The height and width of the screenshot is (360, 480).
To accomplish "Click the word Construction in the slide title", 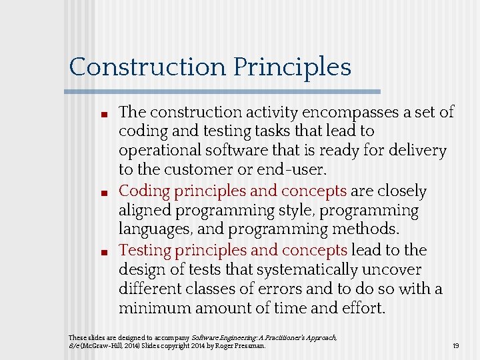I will (147, 67).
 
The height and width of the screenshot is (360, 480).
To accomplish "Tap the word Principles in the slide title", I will (292, 67).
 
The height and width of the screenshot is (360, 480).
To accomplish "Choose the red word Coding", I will (144, 191).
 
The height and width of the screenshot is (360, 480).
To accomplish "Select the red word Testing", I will (144, 251).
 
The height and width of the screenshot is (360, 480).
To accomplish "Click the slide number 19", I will (455, 345).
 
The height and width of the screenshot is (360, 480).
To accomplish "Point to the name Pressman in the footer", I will (250, 346).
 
